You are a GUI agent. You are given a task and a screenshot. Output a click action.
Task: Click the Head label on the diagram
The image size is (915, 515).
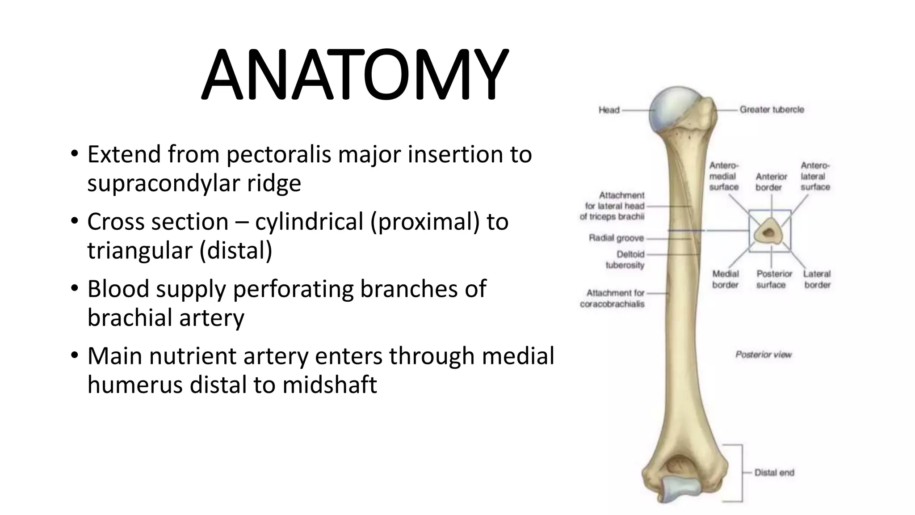[609, 110]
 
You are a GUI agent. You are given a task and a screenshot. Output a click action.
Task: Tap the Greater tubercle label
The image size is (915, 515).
[772, 110]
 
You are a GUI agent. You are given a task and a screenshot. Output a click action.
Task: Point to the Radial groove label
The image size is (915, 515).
[616, 238]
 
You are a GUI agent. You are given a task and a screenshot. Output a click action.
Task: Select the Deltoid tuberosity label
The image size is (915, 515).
[625, 260]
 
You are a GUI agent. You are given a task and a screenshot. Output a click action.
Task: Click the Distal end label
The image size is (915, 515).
[774, 473]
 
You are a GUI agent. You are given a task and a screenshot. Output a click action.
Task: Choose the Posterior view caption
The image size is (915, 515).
[763, 355]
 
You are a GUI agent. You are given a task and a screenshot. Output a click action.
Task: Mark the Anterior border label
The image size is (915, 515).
[771, 182]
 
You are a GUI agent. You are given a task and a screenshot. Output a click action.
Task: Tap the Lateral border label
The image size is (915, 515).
[817, 279]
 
